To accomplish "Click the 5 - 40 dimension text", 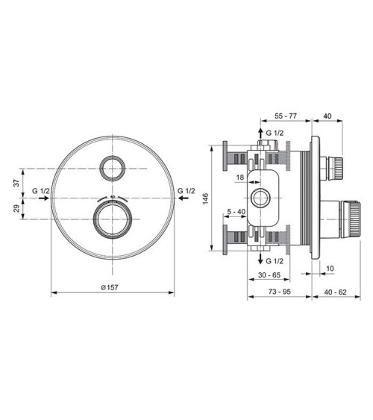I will [236, 211].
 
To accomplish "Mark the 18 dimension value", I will [240, 178].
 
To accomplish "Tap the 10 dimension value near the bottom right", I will [330, 266].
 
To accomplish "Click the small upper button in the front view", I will [114, 169].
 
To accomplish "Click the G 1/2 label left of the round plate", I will [41, 191].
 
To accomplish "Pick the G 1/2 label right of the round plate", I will [187, 191].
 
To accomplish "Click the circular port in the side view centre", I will [262, 198].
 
